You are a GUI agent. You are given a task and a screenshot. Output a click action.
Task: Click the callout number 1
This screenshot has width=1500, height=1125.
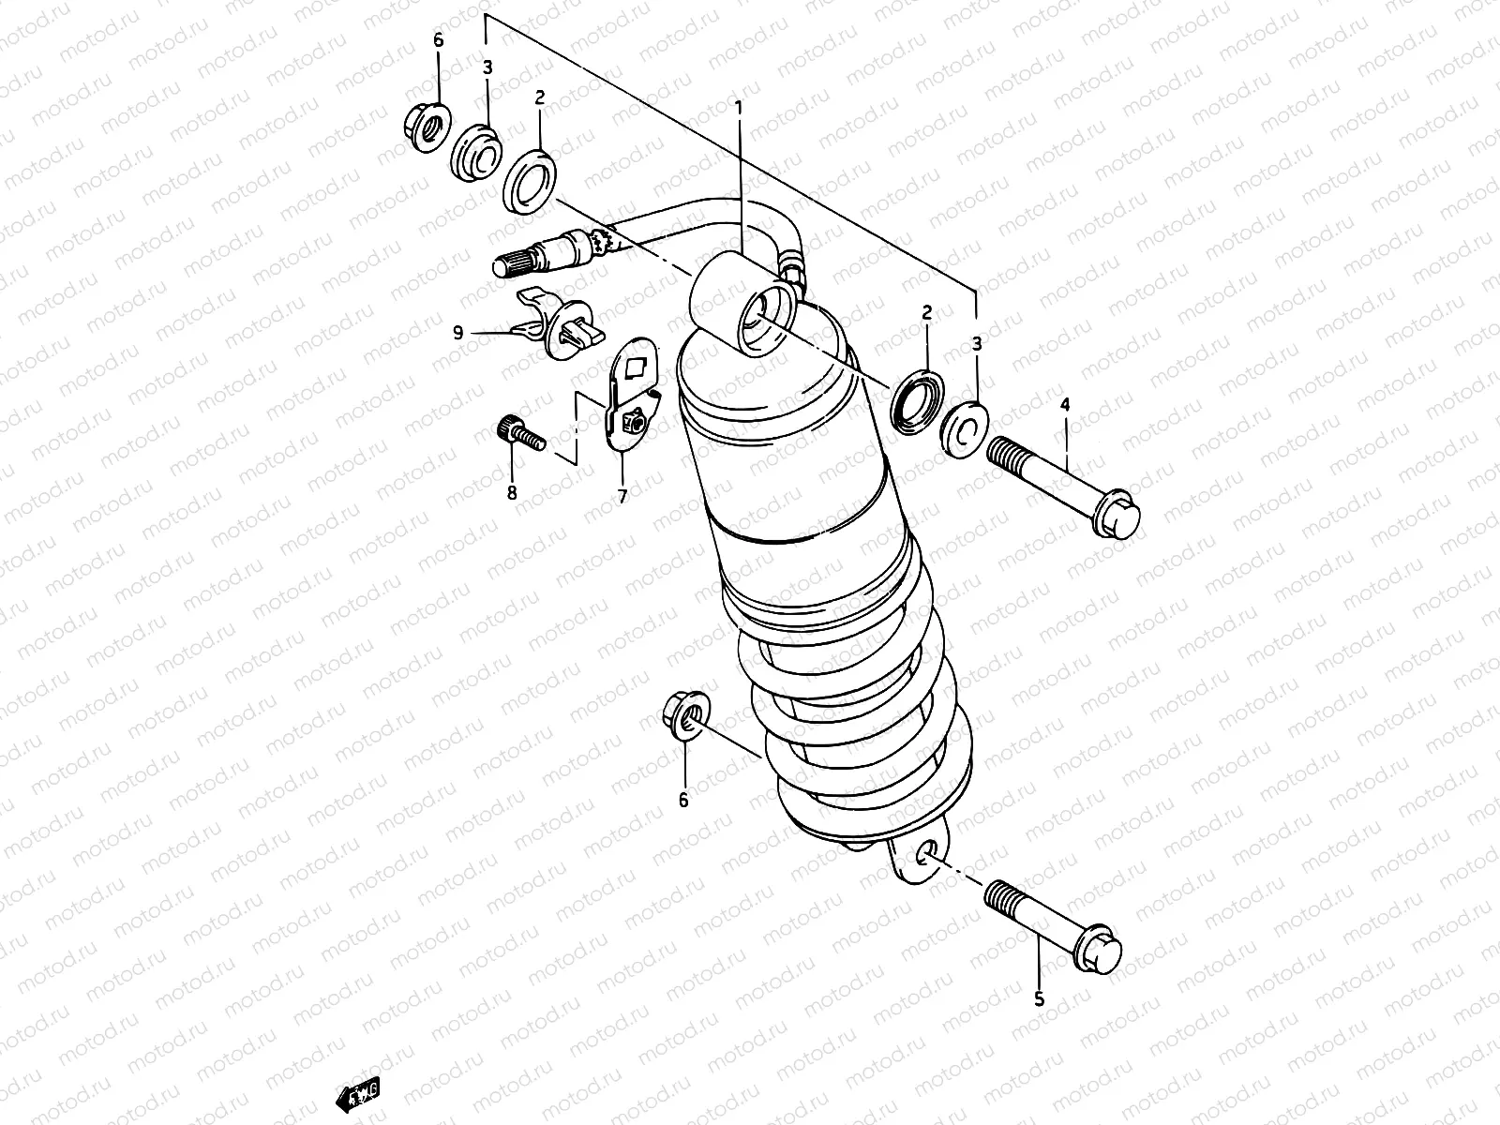(738, 110)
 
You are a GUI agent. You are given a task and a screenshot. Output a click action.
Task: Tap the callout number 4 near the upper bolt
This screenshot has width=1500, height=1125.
(1064, 404)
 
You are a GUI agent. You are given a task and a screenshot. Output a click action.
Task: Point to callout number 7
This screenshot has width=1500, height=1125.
(622, 496)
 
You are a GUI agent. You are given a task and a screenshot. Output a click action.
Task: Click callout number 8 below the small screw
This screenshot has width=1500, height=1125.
(512, 491)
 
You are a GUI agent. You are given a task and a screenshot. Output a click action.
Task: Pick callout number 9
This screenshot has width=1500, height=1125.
(457, 332)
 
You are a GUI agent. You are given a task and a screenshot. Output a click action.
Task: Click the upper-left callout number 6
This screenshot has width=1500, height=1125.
(437, 40)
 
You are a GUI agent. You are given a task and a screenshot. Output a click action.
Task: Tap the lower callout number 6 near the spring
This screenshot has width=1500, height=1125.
(683, 800)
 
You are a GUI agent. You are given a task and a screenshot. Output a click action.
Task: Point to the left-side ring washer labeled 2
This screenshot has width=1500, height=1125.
(530, 181)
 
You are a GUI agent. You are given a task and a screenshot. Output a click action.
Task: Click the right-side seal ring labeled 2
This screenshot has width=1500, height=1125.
(920, 400)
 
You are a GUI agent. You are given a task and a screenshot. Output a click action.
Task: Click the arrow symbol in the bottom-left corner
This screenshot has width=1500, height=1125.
(359, 1092)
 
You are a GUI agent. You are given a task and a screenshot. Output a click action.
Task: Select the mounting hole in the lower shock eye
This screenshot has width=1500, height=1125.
(926, 851)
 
